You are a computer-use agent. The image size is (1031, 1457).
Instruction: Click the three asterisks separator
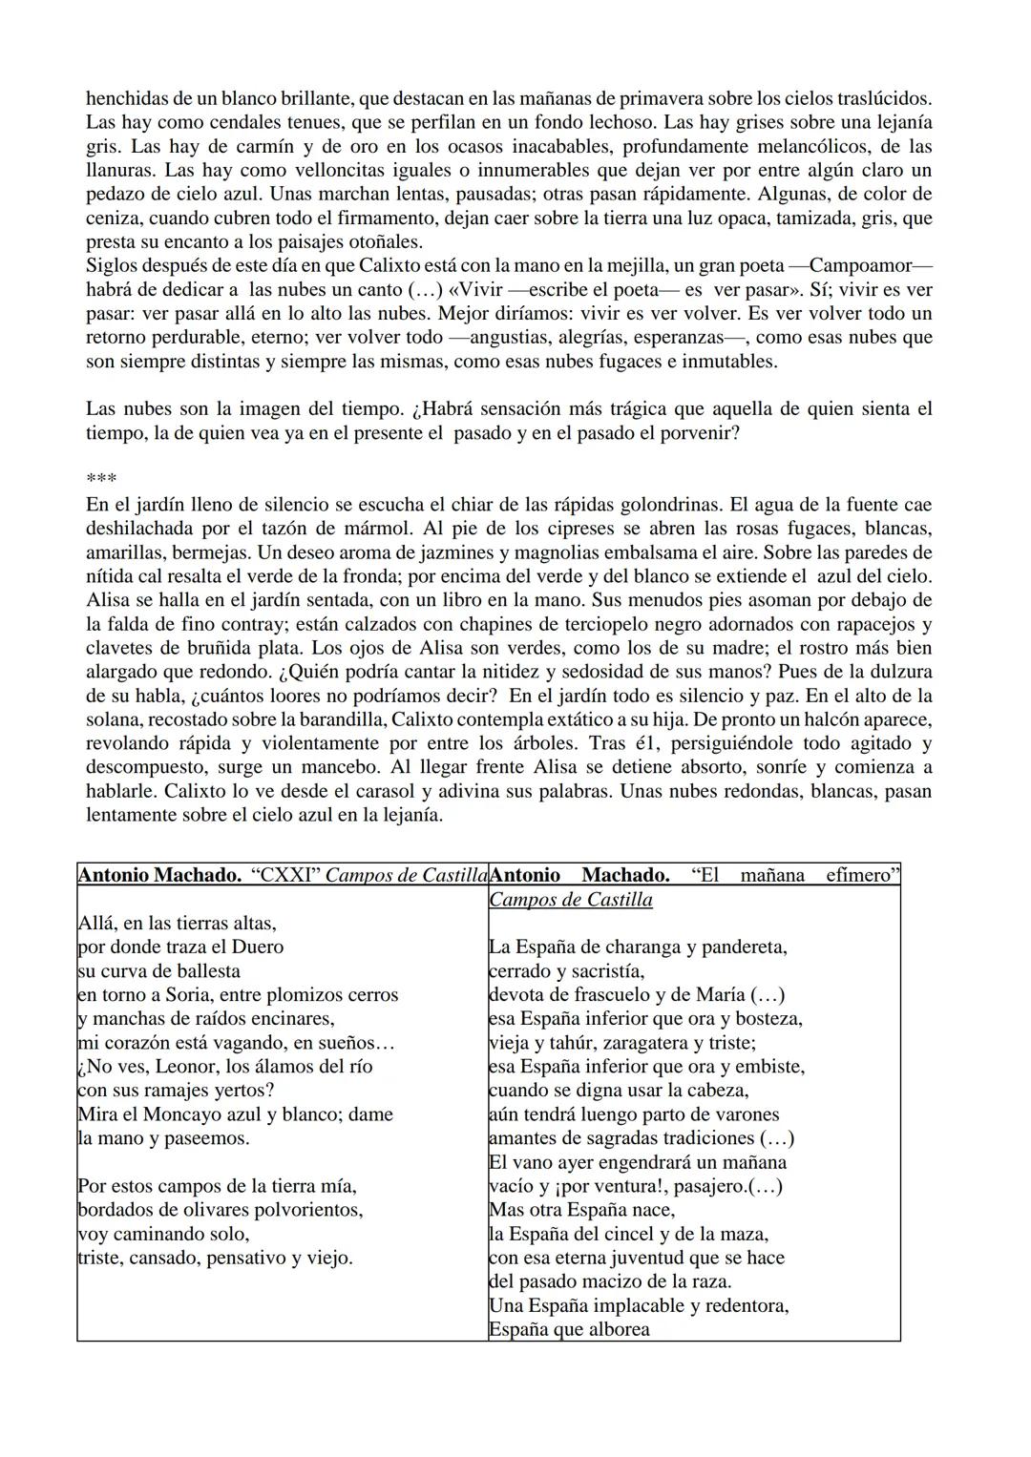(100, 479)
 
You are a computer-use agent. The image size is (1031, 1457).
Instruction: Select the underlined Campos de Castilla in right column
(571, 900)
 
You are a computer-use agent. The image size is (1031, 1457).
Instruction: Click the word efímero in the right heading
(862, 875)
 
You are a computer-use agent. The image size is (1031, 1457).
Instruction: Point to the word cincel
(663, 1234)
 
